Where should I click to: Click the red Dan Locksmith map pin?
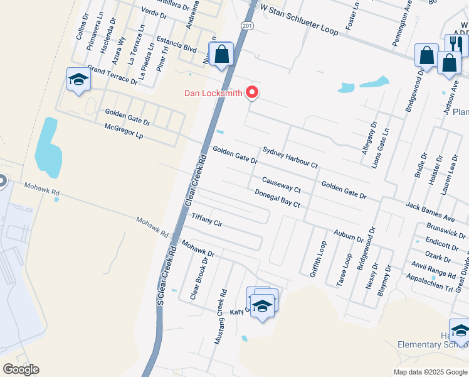[x=253, y=92]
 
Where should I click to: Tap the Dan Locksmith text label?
[x=213, y=94]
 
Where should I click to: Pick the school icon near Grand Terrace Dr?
[x=78, y=80]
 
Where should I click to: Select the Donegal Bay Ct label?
[x=278, y=199]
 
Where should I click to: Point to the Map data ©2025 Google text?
[x=429, y=372]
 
